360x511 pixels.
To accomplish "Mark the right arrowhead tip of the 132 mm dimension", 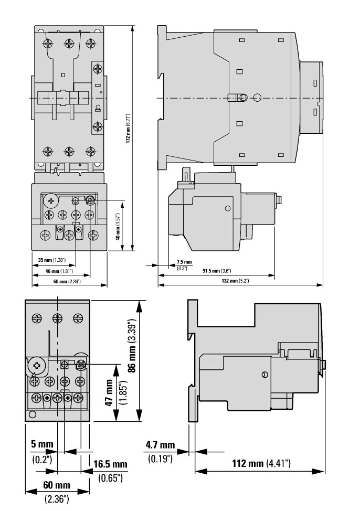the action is [323, 285].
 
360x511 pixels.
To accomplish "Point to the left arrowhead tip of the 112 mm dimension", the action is [195, 471].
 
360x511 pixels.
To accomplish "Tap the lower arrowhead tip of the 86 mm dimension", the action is [140, 422].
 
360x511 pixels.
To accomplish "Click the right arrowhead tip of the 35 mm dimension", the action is [76, 265].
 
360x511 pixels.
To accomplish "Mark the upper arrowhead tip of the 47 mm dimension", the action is [115, 364].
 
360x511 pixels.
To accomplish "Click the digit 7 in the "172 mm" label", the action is [129, 137].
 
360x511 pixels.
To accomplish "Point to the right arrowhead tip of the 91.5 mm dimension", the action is [274, 275].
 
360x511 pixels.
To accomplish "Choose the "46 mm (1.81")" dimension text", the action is [59, 271].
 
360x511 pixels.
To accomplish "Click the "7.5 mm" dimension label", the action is [184, 262].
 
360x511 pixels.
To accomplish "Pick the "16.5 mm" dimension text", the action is [110, 464].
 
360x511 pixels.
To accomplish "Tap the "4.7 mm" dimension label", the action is [160, 445].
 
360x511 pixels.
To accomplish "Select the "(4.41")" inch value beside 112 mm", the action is [278, 463].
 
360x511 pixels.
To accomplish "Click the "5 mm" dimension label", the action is [42, 444].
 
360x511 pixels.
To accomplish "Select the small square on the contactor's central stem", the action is [63, 75].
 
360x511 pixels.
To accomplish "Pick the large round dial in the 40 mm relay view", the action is [51, 201].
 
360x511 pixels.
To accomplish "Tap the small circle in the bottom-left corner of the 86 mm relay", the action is [32, 414].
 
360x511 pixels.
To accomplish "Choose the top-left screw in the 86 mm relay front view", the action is [37, 318].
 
